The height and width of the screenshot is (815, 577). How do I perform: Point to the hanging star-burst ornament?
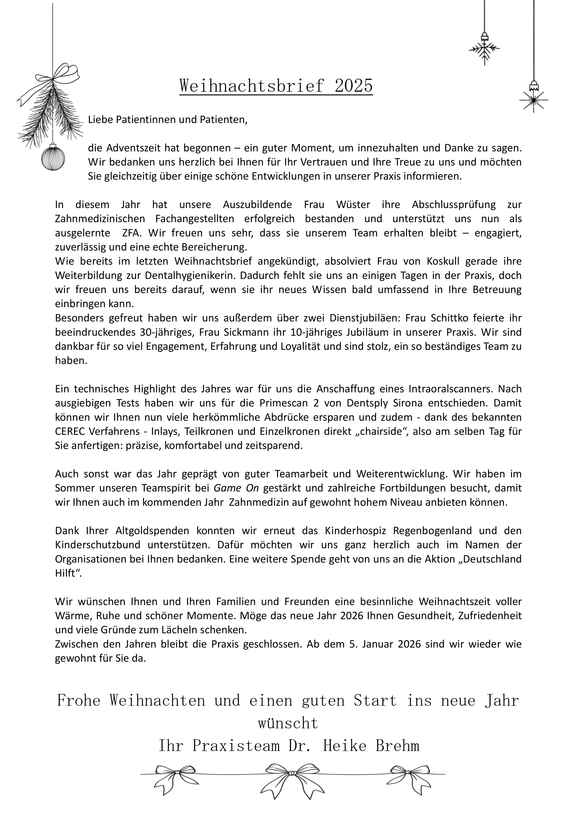pyautogui.click(x=533, y=99)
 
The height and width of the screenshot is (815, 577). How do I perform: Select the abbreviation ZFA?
pyautogui.click(x=132, y=233)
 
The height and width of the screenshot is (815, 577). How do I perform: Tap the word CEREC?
pyautogui.click(x=70, y=432)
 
